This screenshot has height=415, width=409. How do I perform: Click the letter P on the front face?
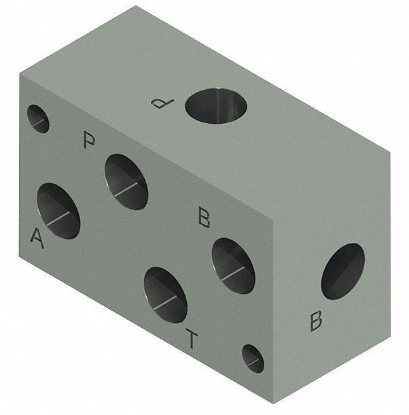pyautogui.click(x=89, y=140)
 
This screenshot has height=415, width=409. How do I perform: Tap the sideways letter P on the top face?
pyautogui.click(x=162, y=103)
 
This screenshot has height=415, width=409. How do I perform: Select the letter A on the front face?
pyautogui.click(x=37, y=239)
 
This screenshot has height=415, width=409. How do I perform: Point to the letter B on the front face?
pyautogui.click(x=204, y=217)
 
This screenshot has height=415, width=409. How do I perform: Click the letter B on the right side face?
pyautogui.click(x=316, y=321)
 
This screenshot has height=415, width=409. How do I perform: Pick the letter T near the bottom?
pyautogui.click(x=192, y=338)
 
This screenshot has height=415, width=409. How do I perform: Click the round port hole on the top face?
pyautogui.click(x=216, y=106)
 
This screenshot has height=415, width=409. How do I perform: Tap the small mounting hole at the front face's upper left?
pyautogui.click(x=38, y=119)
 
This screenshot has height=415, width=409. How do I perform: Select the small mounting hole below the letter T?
pyautogui.click(x=253, y=359)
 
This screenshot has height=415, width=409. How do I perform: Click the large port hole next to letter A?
pyautogui.click(x=58, y=211)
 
